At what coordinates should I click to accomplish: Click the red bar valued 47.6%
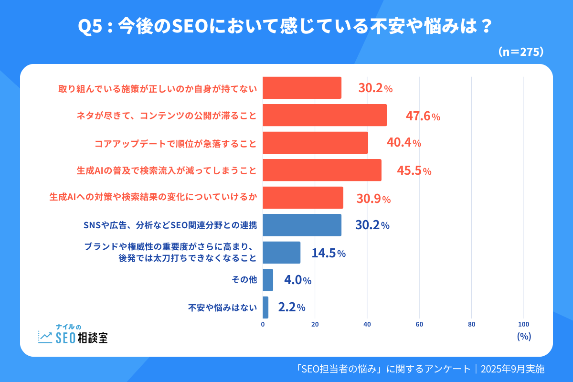click(325, 115)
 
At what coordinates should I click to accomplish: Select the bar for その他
click(268, 280)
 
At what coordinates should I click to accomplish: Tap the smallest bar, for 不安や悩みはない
click(265, 308)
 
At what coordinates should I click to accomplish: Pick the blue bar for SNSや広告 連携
click(302, 225)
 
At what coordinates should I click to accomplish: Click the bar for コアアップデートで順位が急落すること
click(315, 143)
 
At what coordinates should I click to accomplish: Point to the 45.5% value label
click(414, 170)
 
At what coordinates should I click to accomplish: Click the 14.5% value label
click(329, 253)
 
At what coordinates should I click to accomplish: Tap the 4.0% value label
click(297, 280)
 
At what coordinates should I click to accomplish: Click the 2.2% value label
click(291, 308)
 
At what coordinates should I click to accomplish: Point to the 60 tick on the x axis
click(419, 325)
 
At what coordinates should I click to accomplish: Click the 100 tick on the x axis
click(523, 325)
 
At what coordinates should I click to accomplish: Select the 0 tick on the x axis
click(263, 325)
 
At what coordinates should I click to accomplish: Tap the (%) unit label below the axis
click(524, 336)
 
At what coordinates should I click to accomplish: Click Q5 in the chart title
click(91, 27)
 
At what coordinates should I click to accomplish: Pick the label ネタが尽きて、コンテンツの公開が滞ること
click(167, 116)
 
